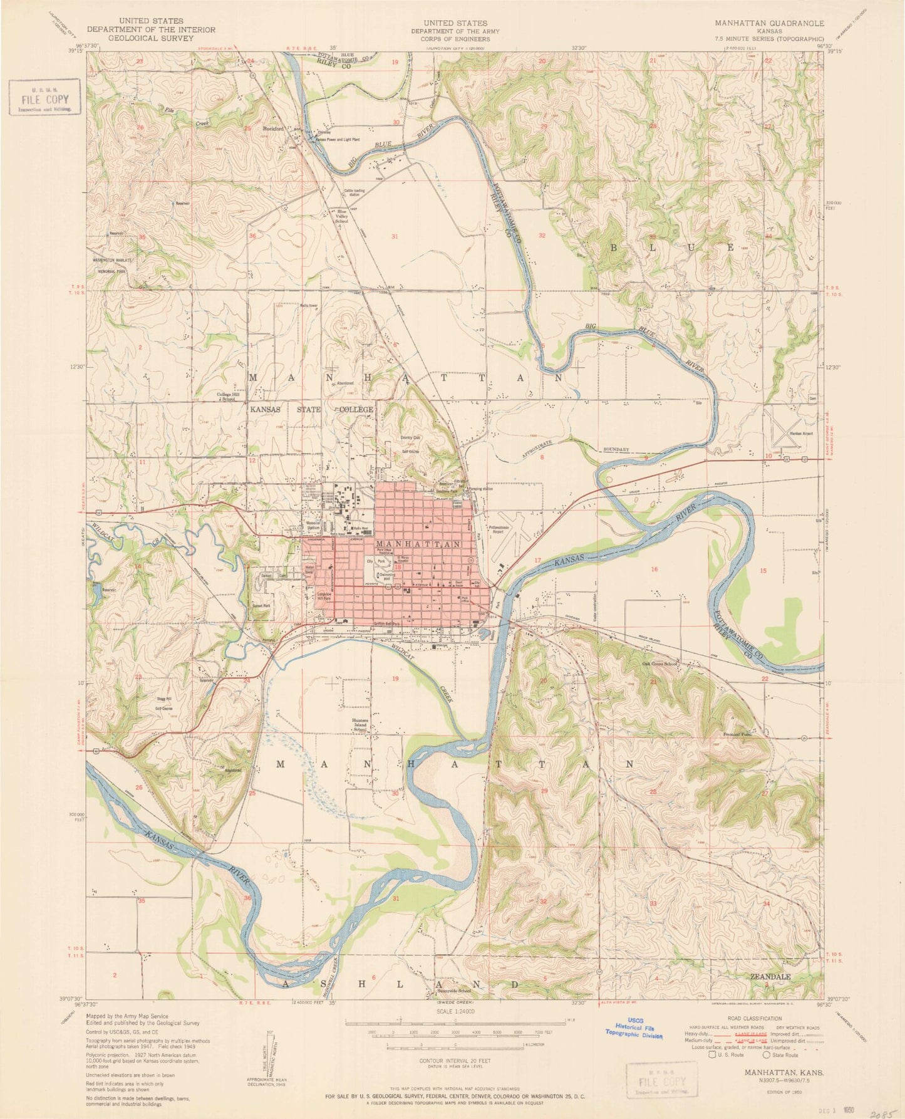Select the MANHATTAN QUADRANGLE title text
pos(770,23)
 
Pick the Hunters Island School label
pos(360,725)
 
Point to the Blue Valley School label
pos(343,217)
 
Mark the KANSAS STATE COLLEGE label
pos(311,409)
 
